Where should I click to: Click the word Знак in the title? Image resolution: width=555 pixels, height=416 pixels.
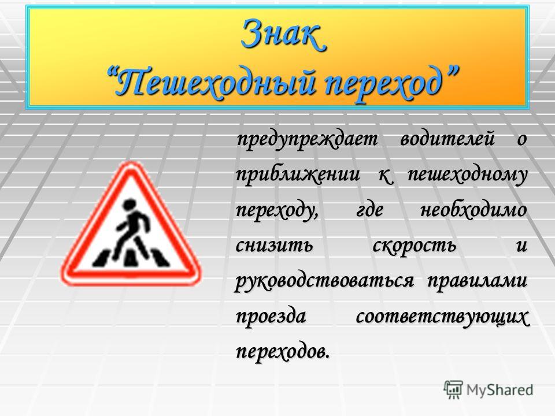pyautogui.click(x=283, y=34)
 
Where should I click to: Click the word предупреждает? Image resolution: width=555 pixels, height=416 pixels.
pyautogui.click(x=307, y=140)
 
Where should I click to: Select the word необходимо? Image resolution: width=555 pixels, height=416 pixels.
pyautogui.click(x=473, y=210)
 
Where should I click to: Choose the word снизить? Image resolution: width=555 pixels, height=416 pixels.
pyautogui.click(x=274, y=245)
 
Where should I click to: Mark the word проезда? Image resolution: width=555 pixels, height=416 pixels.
pyautogui.click(x=271, y=317)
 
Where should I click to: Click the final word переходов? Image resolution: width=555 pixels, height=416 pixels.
pyautogui.click(x=283, y=352)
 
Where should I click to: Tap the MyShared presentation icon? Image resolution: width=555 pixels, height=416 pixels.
pyautogui.click(x=453, y=389)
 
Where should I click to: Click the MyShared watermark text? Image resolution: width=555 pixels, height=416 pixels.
pyautogui.click(x=499, y=390)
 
